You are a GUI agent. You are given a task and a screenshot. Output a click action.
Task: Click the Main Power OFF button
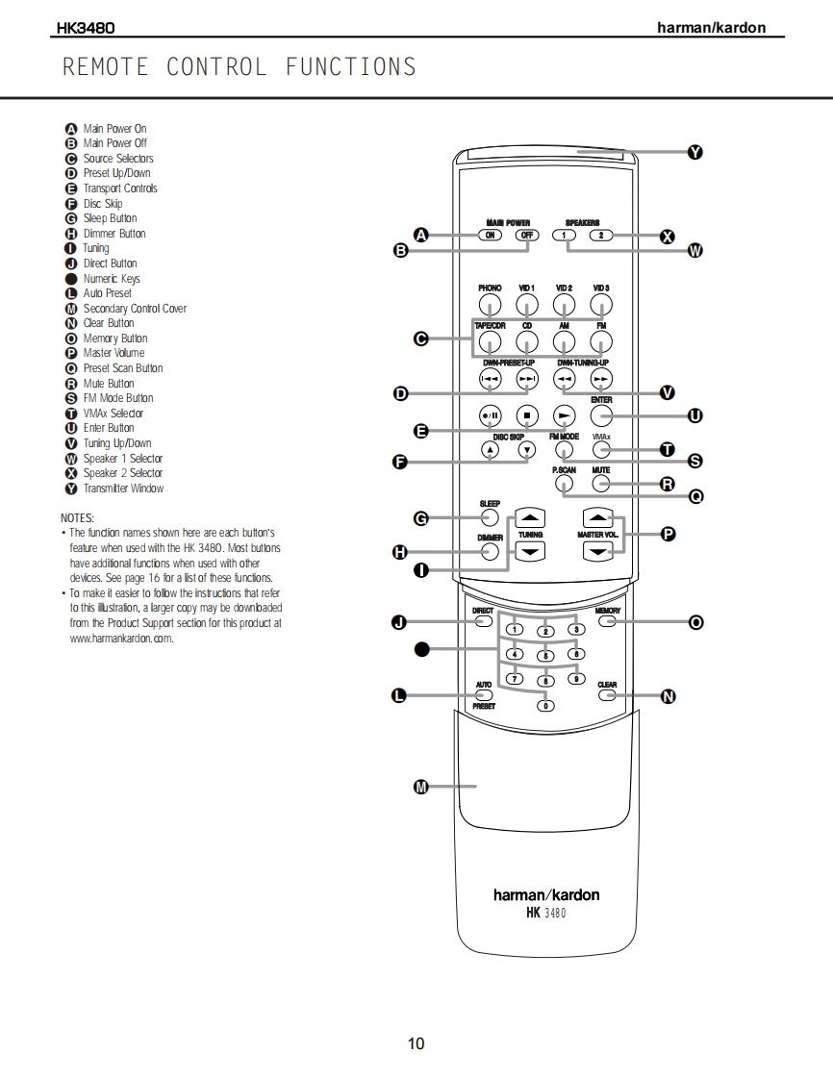coord(526,235)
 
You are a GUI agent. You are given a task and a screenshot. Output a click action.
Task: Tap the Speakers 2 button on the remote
coord(600,235)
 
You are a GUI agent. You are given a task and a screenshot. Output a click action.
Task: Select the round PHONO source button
coord(490,306)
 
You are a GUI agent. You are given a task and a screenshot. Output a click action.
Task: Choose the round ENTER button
coord(601,416)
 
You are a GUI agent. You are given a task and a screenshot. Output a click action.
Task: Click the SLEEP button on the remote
coord(490,518)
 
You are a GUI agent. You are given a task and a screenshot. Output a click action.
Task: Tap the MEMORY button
coord(607,621)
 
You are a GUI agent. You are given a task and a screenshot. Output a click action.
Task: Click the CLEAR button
coord(607,695)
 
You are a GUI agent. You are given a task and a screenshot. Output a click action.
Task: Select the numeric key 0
coord(545,706)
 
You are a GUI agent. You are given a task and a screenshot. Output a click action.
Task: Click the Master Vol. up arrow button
coord(599,515)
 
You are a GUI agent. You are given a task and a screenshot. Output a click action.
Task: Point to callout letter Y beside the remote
coord(694,152)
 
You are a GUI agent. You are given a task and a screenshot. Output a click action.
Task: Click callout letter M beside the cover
coord(420,788)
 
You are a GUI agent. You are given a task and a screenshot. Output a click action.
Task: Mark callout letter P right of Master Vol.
coord(669,533)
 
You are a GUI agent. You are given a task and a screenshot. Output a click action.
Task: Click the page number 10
coord(416,1043)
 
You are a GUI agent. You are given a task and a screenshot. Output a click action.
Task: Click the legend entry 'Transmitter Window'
coord(123,489)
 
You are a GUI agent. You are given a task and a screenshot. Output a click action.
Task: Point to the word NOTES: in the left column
coord(77,518)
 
